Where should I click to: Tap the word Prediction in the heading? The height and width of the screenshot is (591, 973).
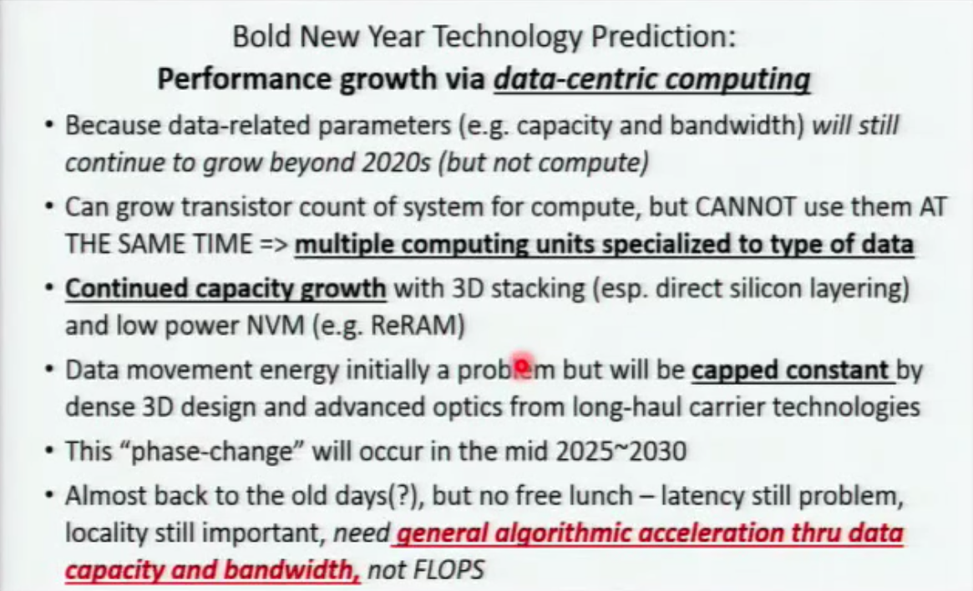point(663,37)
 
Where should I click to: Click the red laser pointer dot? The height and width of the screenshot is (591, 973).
point(523,363)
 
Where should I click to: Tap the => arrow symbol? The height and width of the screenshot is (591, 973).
point(273,244)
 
